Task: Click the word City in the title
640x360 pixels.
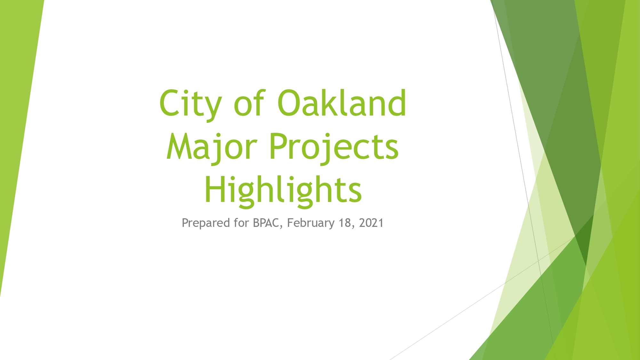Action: tap(190, 104)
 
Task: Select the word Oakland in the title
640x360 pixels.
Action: tap(341, 103)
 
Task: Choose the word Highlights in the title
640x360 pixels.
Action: tap(283, 190)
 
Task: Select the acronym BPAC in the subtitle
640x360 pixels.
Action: tap(266, 223)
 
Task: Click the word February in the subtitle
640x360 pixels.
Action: tap(310, 223)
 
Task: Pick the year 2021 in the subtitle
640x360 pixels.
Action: tap(371, 223)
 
